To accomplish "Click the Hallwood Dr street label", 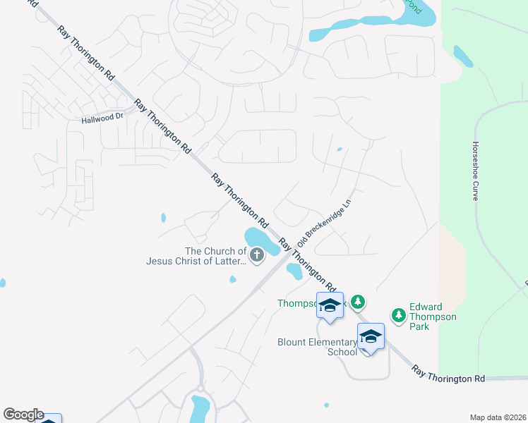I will click(102, 117).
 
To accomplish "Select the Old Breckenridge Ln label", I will click(324, 221).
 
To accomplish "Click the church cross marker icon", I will click(256, 257).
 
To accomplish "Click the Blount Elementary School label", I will click(318, 347).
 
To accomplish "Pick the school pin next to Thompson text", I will click(330, 305).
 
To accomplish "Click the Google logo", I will click(23, 415).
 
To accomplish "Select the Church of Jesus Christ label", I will click(196, 256).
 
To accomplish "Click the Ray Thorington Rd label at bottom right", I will click(449, 374).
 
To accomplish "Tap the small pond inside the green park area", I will click(463, 56).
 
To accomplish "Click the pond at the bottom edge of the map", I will click(200, 407).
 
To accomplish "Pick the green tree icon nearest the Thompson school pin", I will click(359, 302).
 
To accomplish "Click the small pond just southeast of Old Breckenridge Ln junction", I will click(294, 270).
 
